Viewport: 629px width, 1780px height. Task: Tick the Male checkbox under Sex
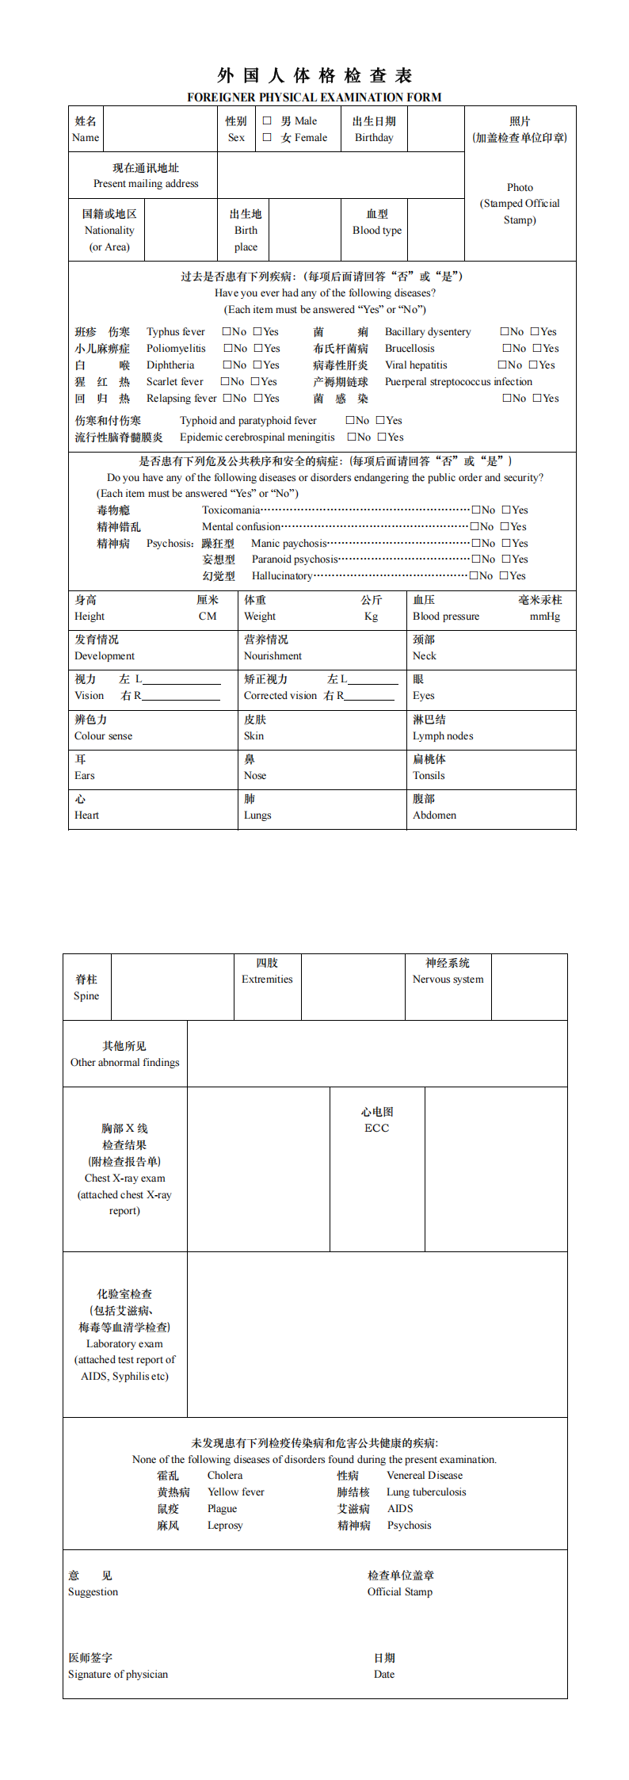click(x=267, y=121)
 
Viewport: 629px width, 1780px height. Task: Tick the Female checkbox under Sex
click(x=267, y=137)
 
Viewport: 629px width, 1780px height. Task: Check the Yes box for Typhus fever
click(x=257, y=331)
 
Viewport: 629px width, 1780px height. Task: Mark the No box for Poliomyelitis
click(x=227, y=348)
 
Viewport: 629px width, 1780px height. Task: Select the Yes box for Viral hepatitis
click(x=533, y=365)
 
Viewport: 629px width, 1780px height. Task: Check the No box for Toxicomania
click(x=476, y=510)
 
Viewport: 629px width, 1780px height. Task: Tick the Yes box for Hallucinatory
click(x=504, y=575)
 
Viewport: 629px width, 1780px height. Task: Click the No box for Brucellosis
click(x=507, y=348)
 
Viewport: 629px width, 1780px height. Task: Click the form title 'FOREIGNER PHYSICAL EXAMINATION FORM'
click(x=314, y=97)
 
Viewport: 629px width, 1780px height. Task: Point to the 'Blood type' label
click(x=377, y=231)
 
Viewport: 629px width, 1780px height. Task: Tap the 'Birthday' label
click(x=374, y=138)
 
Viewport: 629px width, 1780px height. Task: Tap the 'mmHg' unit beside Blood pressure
click(x=545, y=617)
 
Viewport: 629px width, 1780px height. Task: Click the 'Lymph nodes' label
click(x=443, y=736)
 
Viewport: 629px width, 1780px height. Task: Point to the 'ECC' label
click(x=377, y=1128)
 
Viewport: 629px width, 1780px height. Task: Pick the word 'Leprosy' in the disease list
click(x=225, y=1525)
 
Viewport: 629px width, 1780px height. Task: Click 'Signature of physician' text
click(x=118, y=1674)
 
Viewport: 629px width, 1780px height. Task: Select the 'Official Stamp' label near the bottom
click(x=400, y=1591)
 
